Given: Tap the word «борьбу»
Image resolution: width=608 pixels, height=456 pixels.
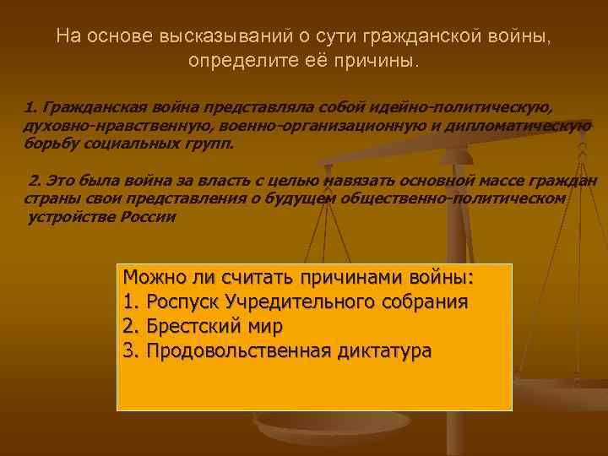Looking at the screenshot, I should click(x=50, y=144).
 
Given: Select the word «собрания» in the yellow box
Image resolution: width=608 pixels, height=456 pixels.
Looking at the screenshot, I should click(x=427, y=301).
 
